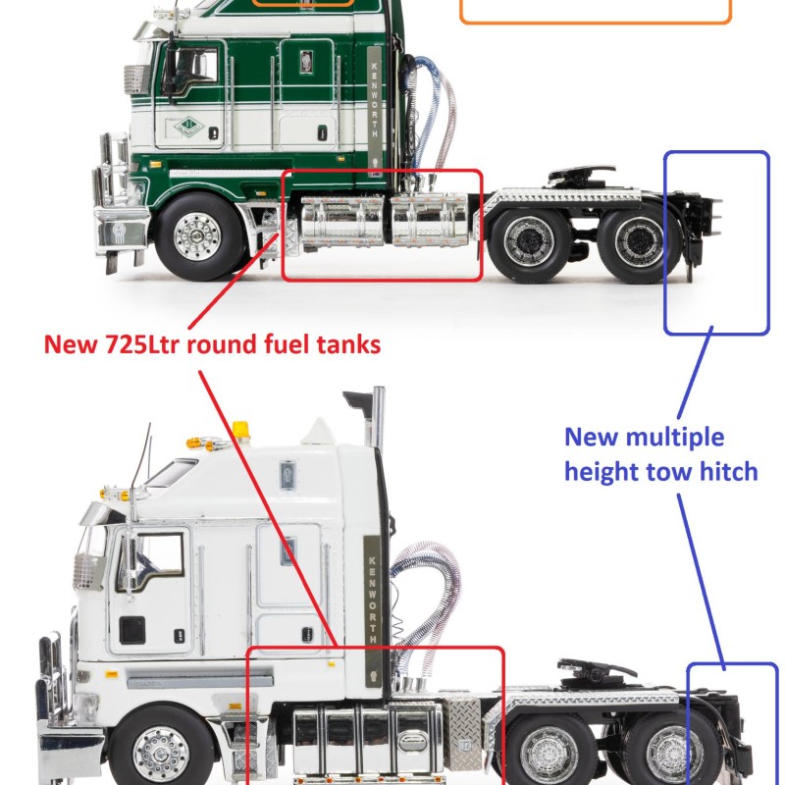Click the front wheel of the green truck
pos(200,235)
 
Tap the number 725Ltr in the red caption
pos(145,344)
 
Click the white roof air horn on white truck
pos(319,430)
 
